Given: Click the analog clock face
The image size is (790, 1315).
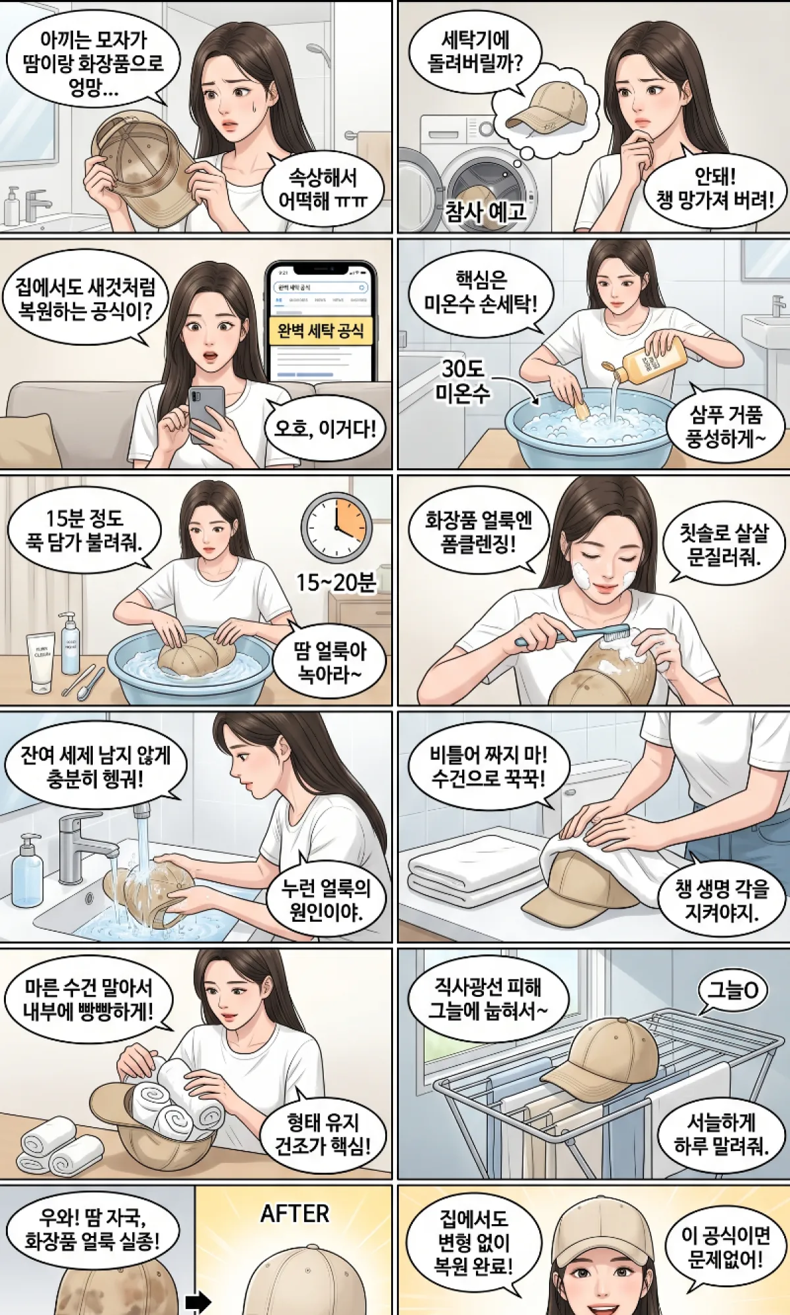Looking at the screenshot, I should (336, 527).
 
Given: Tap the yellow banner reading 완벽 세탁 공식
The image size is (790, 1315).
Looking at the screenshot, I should (321, 331).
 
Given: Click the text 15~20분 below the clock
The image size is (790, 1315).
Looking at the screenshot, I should (335, 582).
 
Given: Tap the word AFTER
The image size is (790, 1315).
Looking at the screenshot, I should (294, 1214).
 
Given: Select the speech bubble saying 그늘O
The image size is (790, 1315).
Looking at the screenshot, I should (732, 990).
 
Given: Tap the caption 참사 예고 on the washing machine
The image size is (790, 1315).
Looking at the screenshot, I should (486, 211).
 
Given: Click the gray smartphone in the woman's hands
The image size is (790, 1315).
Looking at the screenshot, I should (206, 413).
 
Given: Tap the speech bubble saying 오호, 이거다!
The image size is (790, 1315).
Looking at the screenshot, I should (325, 429).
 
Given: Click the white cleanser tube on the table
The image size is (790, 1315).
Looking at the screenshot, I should (41, 662).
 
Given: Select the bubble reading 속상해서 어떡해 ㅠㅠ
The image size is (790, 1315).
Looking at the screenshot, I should (322, 189).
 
